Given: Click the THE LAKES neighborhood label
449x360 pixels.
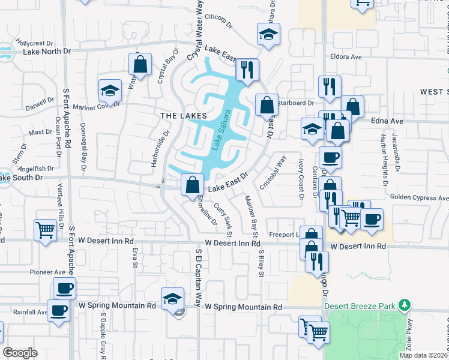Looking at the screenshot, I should (x=184, y=115).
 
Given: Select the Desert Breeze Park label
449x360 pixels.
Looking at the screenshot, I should (x=360, y=306).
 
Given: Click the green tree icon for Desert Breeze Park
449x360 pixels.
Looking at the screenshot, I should (x=406, y=306).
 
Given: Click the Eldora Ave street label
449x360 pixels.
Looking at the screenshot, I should (x=346, y=57).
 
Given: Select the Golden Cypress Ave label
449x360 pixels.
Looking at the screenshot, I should (x=419, y=197).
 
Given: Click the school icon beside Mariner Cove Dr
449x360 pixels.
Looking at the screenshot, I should (x=110, y=91).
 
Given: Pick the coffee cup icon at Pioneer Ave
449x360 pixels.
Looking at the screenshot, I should (x=64, y=288).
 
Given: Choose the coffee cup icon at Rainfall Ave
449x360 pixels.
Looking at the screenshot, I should (x=59, y=311).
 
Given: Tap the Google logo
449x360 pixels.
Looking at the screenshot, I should (x=20, y=353).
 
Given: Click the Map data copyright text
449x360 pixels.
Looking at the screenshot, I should (x=423, y=355).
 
